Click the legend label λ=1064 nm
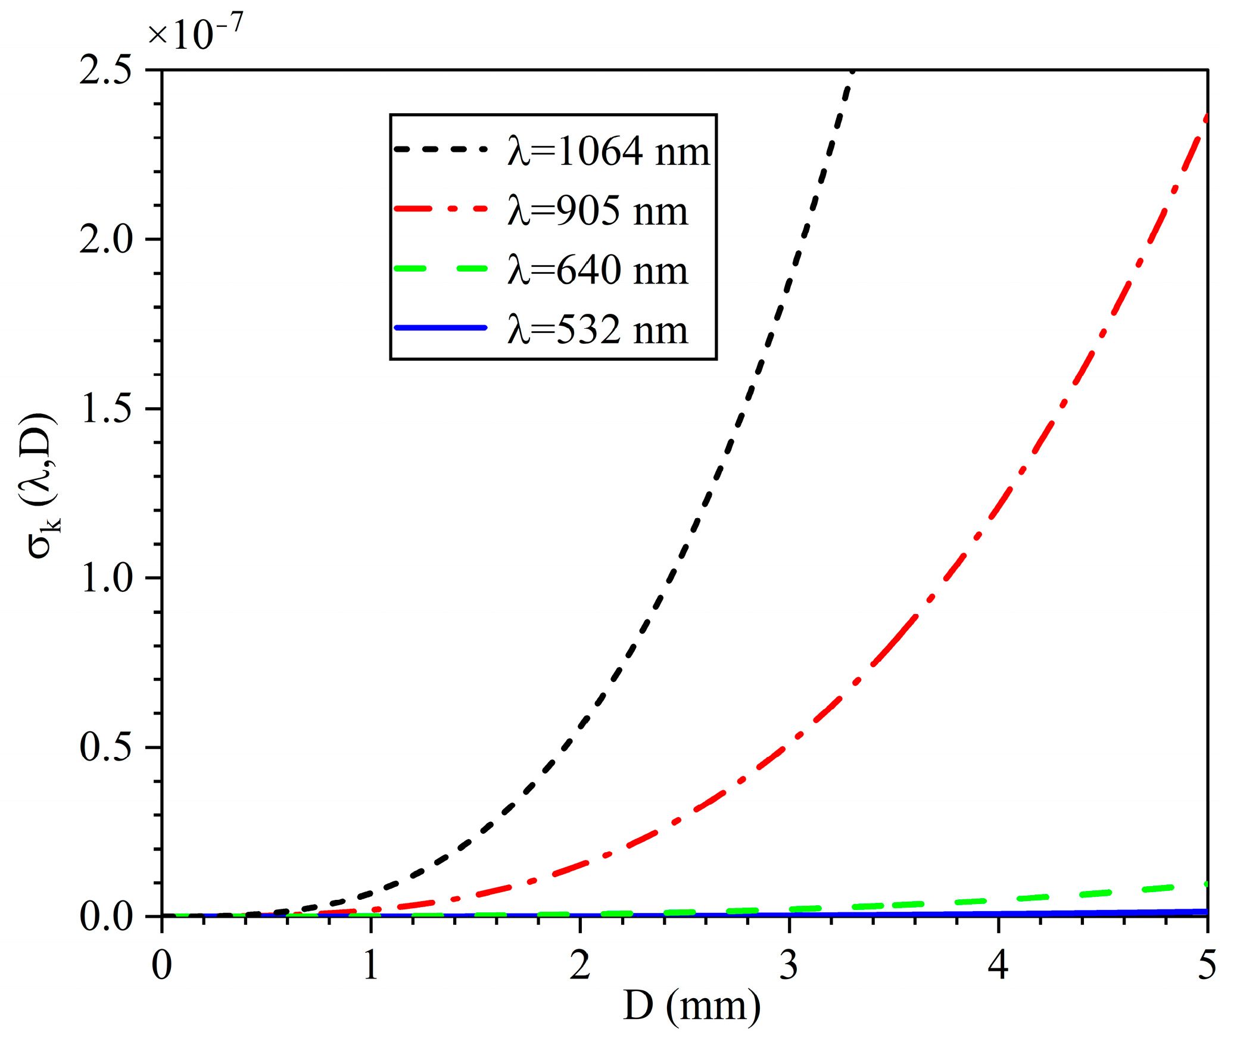(x=609, y=151)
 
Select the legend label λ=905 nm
(x=597, y=211)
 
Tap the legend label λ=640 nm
(x=597, y=270)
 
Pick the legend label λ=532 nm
(x=597, y=330)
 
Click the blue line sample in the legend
(x=440, y=328)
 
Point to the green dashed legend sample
(x=440, y=269)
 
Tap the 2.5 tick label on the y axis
(x=105, y=71)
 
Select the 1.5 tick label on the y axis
(x=105, y=410)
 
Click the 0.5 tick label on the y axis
(x=105, y=747)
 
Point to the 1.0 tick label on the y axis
(x=105, y=578)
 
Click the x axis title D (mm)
(x=691, y=1006)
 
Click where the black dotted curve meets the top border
(x=853, y=71)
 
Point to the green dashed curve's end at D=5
(x=1206, y=884)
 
